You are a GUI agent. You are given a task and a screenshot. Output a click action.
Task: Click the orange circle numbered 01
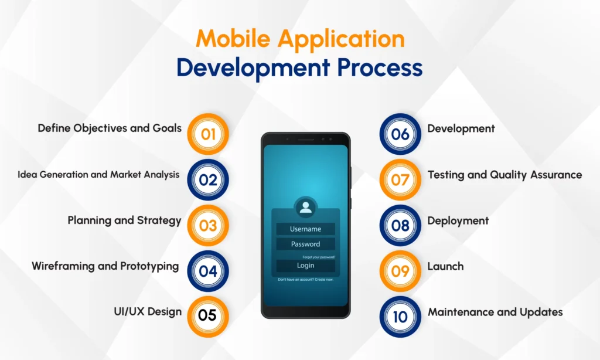click(208, 134)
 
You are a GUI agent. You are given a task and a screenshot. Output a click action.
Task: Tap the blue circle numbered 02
click(208, 179)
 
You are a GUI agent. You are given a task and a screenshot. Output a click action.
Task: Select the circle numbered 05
click(208, 317)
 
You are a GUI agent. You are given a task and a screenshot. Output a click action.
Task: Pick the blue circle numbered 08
click(400, 225)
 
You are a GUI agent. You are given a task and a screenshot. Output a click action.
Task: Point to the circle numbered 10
click(400, 317)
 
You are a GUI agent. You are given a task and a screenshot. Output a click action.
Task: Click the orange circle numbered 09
click(400, 271)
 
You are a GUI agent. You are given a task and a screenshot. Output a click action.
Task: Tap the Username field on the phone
click(305, 229)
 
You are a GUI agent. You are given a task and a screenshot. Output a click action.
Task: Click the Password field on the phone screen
click(305, 244)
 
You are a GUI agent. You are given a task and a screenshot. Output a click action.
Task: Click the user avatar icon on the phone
click(305, 208)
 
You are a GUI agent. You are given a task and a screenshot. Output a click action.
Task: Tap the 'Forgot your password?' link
click(319, 257)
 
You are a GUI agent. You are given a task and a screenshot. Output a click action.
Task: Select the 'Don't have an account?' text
click(295, 280)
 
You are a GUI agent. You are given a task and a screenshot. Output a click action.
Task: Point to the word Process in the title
click(380, 67)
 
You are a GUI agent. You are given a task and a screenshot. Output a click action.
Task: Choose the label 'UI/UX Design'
click(148, 312)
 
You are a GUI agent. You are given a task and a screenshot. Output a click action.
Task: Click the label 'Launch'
click(445, 266)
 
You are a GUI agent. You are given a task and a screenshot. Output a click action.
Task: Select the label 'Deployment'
click(458, 221)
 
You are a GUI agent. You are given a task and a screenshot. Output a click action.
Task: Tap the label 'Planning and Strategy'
click(124, 220)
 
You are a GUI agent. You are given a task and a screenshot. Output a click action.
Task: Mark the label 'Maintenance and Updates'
click(495, 312)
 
